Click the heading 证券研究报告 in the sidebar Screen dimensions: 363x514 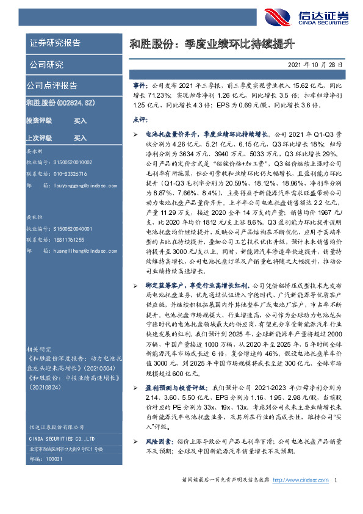coord(55,43)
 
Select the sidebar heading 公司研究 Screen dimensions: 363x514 coord(46,65)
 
